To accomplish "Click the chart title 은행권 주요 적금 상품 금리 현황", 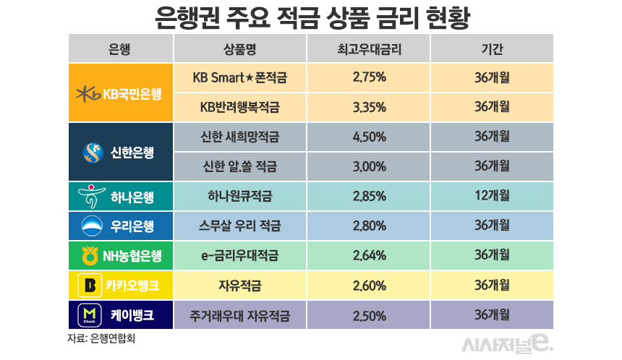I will pyautogui.click(x=312, y=17).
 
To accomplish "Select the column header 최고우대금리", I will pyautogui.click(x=369, y=48).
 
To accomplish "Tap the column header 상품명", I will pyautogui.click(x=240, y=48).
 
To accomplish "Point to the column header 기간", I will pyautogui.click(x=492, y=48).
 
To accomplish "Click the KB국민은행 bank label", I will pyautogui.click(x=120, y=93).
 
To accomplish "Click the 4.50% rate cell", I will pyautogui.click(x=369, y=137).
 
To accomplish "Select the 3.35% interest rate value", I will pyautogui.click(x=369, y=107).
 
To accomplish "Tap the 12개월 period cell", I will pyautogui.click(x=492, y=196).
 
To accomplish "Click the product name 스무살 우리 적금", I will pyautogui.click(x=240, y=226).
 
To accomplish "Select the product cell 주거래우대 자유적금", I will pyautogui.click(x=240, y=315).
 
